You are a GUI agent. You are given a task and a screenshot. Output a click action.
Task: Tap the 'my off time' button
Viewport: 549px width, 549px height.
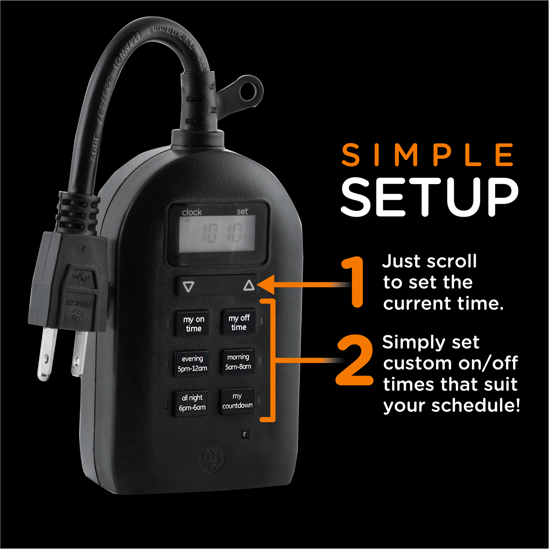[239, 322]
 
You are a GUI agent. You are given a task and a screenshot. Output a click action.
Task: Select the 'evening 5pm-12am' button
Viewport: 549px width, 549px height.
[192, 363]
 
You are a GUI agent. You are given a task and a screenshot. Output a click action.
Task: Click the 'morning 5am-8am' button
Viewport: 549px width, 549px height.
[238, 362]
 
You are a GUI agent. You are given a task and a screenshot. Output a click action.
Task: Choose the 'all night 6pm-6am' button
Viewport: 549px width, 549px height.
[192, 403]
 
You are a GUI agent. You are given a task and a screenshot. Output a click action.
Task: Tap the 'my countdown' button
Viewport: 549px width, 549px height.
[237, 401]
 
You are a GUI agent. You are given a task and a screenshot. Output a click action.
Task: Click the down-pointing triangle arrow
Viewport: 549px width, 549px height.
[188, 287]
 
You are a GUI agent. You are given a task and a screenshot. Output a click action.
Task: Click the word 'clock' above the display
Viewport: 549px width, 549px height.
[192, 212]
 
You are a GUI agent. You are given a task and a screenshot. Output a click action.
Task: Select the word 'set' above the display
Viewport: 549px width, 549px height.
[242, 212]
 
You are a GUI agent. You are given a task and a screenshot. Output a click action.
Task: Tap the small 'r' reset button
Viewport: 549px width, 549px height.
[245, 434]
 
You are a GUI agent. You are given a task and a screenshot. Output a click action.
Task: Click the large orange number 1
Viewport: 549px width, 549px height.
[353, 282]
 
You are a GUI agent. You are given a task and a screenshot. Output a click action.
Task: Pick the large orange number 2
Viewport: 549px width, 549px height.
[354, 361]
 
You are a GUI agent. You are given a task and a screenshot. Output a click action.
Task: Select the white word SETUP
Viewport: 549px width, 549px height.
[430, 197]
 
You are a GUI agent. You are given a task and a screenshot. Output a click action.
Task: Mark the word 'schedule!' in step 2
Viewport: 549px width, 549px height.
[475, 406]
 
